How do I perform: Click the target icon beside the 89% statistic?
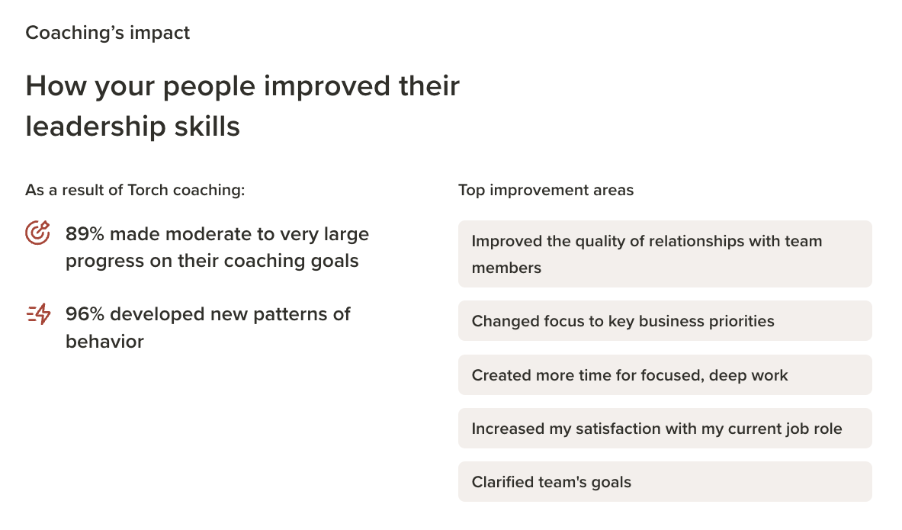tap(37, 233)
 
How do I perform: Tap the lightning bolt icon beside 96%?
tap(39, 314)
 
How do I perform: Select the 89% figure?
tap(85, 234)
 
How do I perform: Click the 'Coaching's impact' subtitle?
tap(108, 33)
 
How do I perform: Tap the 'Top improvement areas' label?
tap(546, 190)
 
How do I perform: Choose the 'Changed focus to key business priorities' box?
tap(665, 320)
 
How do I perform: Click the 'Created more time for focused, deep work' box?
tap(665, 374)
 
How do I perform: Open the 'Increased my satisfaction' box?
tap(665, 428)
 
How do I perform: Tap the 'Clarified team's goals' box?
tap(665, 482)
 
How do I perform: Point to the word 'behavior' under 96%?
tap(104, 342)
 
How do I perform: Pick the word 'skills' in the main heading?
tap(207, 127)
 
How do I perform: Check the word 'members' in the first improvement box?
tap(506, 268)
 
